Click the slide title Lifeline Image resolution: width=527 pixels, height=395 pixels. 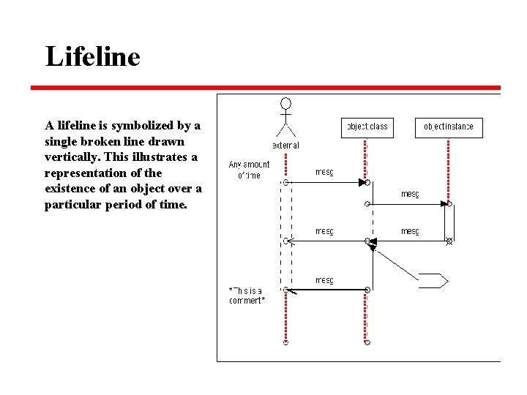[92, 56]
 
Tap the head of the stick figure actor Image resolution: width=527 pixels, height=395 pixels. [286, 103]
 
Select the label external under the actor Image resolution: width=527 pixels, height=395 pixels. [286, 145]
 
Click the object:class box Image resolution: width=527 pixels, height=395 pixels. [367, 127]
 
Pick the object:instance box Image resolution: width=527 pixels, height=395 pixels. [449, 127]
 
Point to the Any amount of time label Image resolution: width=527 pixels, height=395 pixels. [249, 170]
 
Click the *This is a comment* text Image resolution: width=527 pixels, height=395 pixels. [247, 295]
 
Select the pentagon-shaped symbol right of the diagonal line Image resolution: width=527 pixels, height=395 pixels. [433, 279]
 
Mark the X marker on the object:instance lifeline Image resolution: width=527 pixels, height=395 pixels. [449, 241]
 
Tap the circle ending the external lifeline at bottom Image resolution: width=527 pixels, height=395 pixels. [286, 342]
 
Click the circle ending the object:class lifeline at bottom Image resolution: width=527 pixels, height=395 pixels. [367, 342]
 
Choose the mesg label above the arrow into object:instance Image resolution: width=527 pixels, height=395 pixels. [410, 194]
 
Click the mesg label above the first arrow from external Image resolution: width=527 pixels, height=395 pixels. [324, 173]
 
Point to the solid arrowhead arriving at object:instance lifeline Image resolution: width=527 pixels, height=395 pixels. [444, 204]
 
